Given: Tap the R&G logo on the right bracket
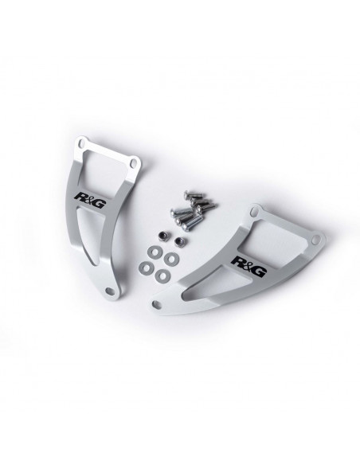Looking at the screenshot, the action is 248,266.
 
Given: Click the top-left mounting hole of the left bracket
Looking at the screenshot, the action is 81,144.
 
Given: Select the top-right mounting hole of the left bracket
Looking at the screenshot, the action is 134,162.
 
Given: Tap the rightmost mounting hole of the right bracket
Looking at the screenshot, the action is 316,238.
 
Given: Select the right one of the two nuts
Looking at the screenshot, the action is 179,242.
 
